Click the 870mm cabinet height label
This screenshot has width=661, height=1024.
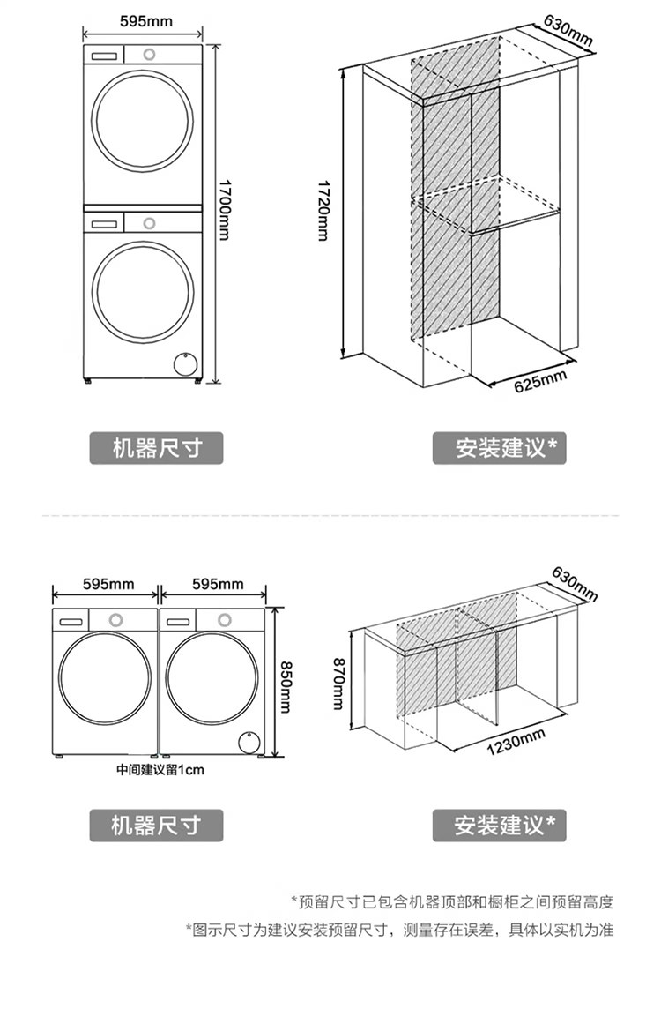(338, 683)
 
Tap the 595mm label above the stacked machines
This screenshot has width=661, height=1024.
(146, 20)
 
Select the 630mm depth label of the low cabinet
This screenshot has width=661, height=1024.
(575, 583)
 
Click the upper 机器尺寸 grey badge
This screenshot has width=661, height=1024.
(156, 448)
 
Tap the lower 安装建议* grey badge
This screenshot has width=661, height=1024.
(500, 826)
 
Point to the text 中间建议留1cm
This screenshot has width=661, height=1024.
(160, 770)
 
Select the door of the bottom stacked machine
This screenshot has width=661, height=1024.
(143, 289)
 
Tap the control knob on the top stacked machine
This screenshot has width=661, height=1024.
(148, 53)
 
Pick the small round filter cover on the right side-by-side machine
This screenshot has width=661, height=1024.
(249, 741)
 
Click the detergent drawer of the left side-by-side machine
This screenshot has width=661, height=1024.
(70, 620)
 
